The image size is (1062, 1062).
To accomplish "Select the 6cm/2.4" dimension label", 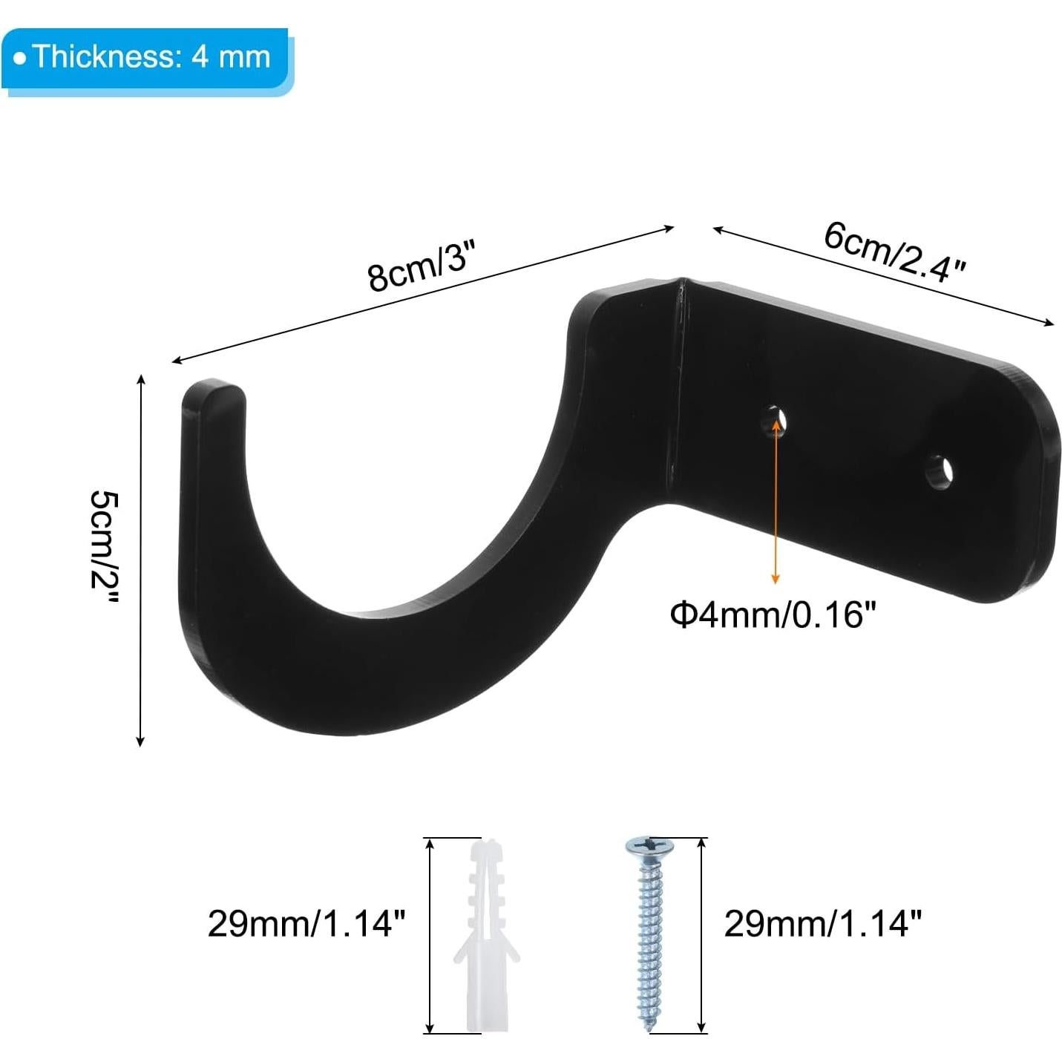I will [894, 252].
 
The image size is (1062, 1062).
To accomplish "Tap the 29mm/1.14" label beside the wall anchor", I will [307, 925].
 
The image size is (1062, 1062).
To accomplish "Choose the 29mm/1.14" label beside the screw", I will [823, 925].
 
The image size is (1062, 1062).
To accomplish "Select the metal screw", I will [650, 935].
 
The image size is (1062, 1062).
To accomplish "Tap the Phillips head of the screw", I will [650, 846].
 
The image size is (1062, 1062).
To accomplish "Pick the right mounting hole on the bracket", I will [940, 472].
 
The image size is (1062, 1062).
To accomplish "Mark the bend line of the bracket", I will [677, 386].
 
